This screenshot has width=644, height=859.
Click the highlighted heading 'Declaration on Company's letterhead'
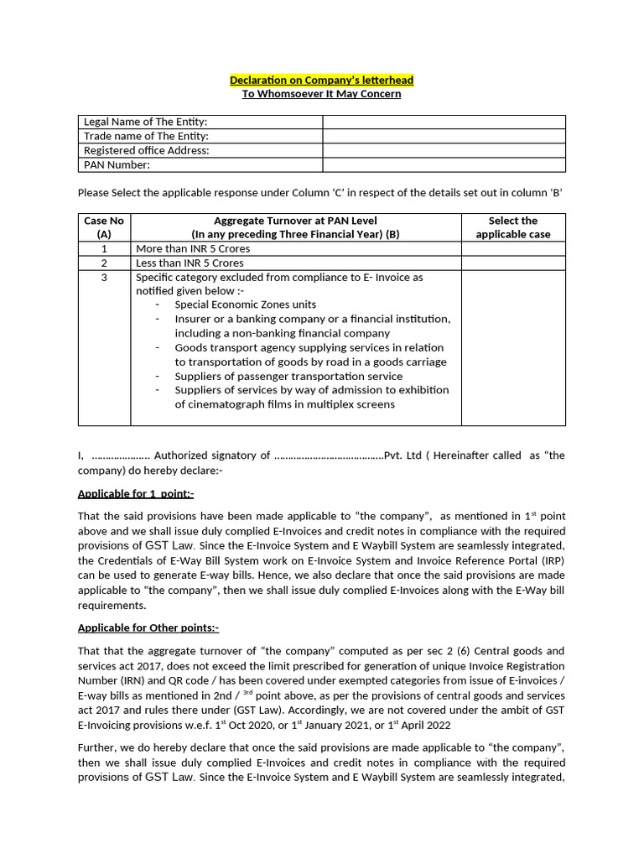[x=321, y=80]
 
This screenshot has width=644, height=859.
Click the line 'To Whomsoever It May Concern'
[x=321, y=94]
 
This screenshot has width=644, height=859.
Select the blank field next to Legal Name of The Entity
[x=444, y=122]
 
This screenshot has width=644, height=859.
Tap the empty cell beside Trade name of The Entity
[x=444, y=137]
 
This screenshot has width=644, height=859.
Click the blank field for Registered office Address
[x=444, y=151]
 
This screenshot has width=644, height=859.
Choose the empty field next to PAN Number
[x=444, y=165]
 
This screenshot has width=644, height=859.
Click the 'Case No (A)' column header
[x=104, y=227]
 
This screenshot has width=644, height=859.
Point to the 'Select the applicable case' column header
[x=512, y=227]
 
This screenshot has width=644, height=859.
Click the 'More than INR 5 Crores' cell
[x=193, y=249]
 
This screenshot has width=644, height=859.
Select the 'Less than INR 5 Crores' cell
[x=191, y=263]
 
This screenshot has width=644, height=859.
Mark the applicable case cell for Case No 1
[x=512, y=249]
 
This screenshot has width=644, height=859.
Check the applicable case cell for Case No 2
[x=512, y=263]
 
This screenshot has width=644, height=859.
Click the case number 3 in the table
[x=104, y=278]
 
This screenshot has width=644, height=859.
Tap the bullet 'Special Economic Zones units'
[x=245, y=305]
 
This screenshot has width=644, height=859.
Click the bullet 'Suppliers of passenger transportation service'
[x=288, y=377]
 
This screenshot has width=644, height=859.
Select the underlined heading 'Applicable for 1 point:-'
[x=136, y=494]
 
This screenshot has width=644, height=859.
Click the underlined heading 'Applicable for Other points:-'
[x=148, y=627]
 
